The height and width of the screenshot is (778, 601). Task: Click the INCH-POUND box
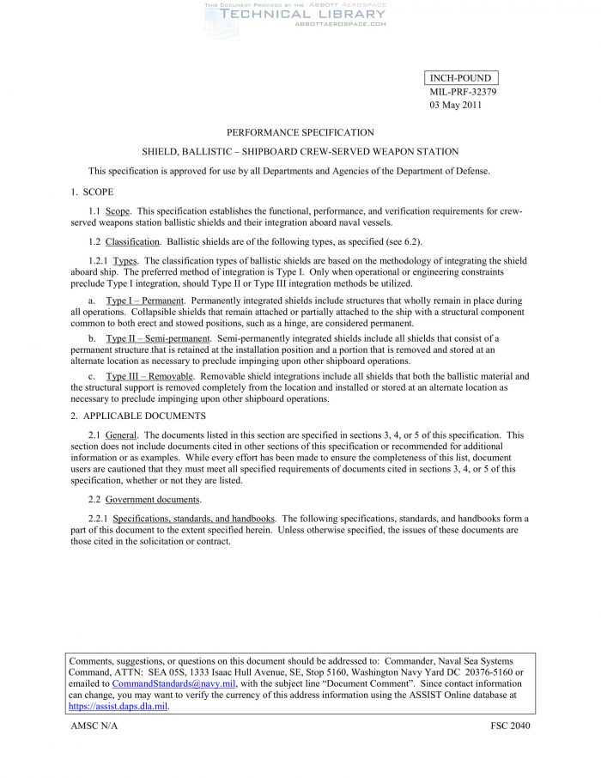[460, 78]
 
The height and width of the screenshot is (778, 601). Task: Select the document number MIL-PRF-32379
[463, 92]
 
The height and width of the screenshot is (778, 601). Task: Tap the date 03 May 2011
[456, 106]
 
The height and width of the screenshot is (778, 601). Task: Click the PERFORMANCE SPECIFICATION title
[300, 132]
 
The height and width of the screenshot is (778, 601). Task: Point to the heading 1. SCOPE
[92, 191]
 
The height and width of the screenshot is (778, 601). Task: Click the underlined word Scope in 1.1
[118, 210]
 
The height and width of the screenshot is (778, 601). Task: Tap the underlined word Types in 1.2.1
[125, 260]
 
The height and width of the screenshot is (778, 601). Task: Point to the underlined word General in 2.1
[120, 435]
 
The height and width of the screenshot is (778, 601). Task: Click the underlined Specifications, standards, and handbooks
[194, 519]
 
